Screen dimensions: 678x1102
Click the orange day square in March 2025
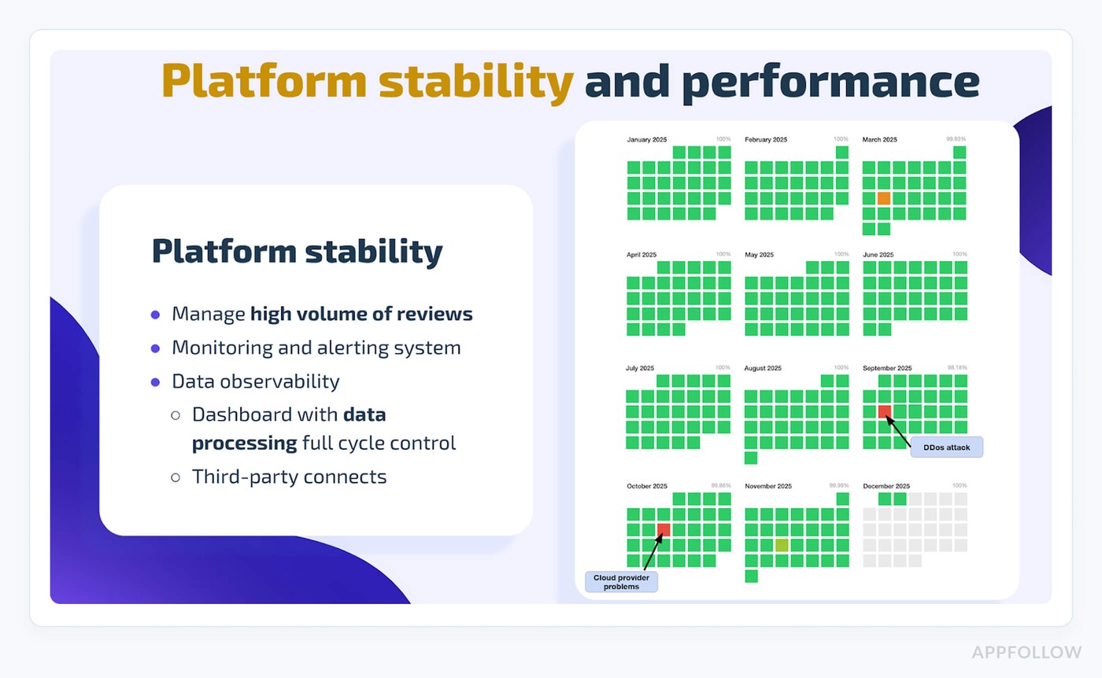pos(884,198)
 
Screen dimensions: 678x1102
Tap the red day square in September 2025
pos(884,411)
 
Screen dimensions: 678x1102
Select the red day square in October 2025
pos(664,529)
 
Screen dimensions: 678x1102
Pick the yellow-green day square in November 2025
pos(782,544)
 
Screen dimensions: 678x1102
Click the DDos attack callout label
pos(947,447)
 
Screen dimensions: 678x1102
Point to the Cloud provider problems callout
pos(620,581)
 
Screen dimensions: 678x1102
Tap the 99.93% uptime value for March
pos(956,139)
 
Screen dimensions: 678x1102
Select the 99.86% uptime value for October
pos(720,486)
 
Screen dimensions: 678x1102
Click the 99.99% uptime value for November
pos(838,486)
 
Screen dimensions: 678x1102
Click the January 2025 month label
pos(647,140)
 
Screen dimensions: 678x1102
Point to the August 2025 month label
pos(763,368)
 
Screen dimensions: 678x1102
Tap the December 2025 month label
pos(886,486)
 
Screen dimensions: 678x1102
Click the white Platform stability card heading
pos(297,252)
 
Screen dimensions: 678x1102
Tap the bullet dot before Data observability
pos(155,382)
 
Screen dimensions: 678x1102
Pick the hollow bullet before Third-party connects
pos(176,477)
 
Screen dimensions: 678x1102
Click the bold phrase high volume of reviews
pos(361,315)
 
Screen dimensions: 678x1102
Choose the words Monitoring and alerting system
pos(316,348)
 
